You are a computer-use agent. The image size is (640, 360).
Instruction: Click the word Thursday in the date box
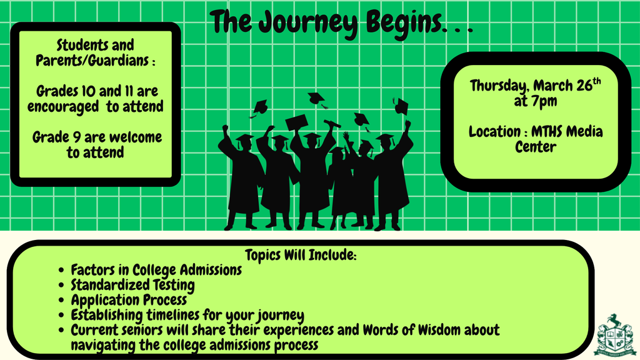pos(499,86)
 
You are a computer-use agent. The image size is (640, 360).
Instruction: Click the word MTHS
pos(550,132)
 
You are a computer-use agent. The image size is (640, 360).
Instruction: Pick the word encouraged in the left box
pos(62,107)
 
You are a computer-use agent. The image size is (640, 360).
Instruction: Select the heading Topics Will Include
pos(301,255)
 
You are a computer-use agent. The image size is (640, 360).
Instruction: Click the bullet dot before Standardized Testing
pos(61,286)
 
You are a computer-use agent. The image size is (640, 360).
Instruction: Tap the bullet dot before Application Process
pos(61,301)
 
